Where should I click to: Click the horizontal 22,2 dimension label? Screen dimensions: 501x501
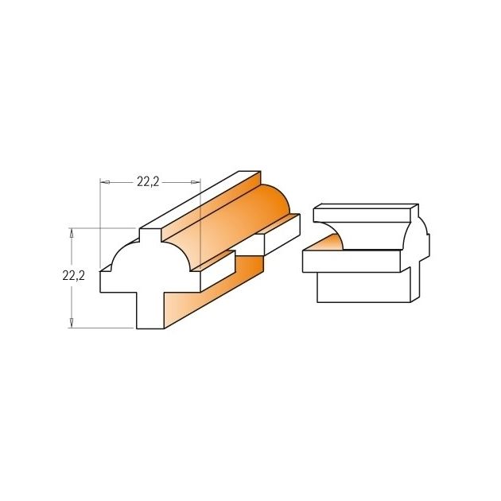tap(148, 182)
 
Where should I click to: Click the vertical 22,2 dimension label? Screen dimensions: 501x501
tap(73, 275)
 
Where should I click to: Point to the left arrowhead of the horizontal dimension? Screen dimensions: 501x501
tap(105, 182)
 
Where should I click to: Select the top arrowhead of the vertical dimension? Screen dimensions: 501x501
tap(72, 233)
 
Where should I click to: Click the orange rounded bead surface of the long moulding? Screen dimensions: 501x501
tap(230, 223)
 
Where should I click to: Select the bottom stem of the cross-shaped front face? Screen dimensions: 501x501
tap(150, 310)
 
